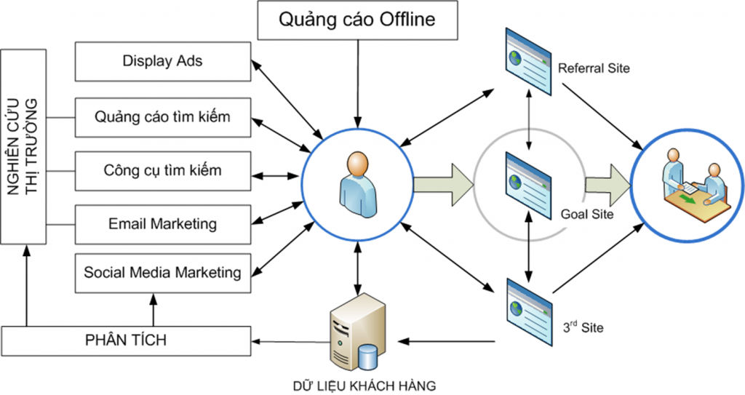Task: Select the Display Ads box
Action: coord(163,61)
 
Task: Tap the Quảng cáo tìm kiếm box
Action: coord(163,116)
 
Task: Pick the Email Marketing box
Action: coord(163,224)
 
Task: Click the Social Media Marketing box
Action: coord(163,273)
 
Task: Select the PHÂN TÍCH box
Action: coord(127,340)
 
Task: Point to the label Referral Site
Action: coord(593,69)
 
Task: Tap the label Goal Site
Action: coord(587,215)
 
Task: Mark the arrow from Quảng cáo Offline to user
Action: coord(356,80)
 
